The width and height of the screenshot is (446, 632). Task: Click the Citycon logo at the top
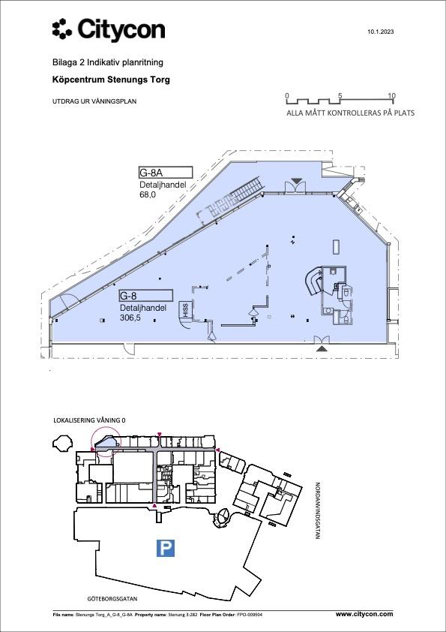tap(109, 29)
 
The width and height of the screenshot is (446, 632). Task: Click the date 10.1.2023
tap(380, 32)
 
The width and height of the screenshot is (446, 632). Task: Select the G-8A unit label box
tap(166, 173)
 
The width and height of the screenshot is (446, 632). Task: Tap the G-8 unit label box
tap(145, 296)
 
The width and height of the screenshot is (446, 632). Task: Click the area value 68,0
tap(148, 194)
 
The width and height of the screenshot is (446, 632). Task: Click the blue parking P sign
tap(166, 549)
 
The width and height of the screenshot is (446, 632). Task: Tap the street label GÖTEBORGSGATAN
tap(112, 599)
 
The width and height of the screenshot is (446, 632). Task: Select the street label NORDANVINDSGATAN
tap(317, 510)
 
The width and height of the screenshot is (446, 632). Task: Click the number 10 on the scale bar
tap(392, 96)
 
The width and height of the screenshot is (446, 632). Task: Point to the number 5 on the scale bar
tap(340, 96)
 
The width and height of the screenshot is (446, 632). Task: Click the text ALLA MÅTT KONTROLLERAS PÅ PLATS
tap(351, 113)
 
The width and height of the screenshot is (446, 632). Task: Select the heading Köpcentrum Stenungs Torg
tap(111, 80)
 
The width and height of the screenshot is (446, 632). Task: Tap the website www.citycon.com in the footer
tap(364, 614)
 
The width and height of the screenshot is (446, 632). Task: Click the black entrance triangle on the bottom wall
tap(322, 348)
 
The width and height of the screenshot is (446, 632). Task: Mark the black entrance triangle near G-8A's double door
tap(297, 181)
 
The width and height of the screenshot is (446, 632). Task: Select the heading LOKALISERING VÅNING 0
tap(89, 420)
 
